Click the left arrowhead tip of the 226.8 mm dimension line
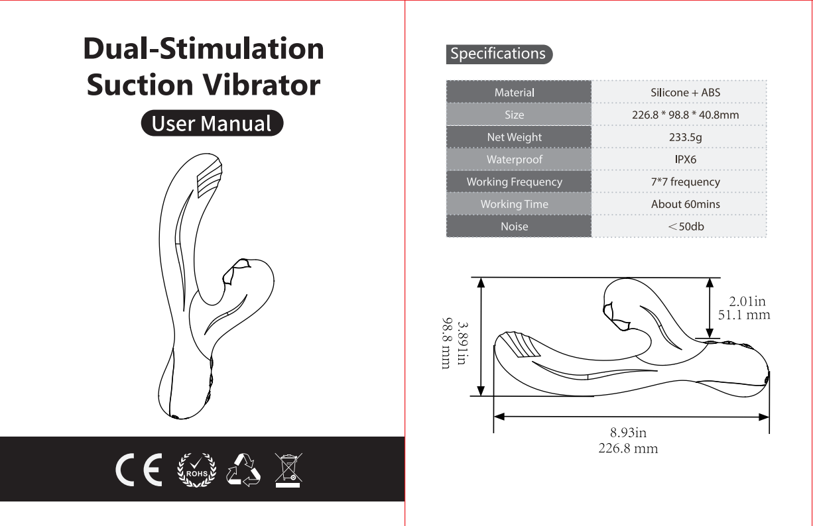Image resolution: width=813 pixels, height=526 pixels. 494,417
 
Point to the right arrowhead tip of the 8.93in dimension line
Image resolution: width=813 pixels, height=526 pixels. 769,417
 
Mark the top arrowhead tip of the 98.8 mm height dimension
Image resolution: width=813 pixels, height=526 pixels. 481,278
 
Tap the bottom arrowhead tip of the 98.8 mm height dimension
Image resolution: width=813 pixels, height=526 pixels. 481,395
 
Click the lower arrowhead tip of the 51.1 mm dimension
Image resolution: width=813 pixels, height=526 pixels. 710,339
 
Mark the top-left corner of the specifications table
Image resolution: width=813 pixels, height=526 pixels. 446,80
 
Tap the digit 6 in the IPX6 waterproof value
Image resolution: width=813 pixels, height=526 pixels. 693,160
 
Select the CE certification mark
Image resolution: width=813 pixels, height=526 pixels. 139,470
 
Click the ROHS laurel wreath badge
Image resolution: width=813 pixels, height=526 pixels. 197,470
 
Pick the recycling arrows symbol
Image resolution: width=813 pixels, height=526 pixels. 243,470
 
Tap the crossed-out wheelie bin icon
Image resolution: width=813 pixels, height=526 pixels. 288,470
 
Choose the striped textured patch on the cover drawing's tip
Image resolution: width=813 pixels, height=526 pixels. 210,178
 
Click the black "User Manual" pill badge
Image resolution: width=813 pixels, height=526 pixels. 212,123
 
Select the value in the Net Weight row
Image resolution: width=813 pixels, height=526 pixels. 685,137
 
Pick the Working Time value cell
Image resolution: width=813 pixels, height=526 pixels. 679,204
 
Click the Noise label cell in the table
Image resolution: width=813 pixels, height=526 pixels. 519,227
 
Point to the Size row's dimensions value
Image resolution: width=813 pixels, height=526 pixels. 685,115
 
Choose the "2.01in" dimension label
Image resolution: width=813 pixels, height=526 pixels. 747,301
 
